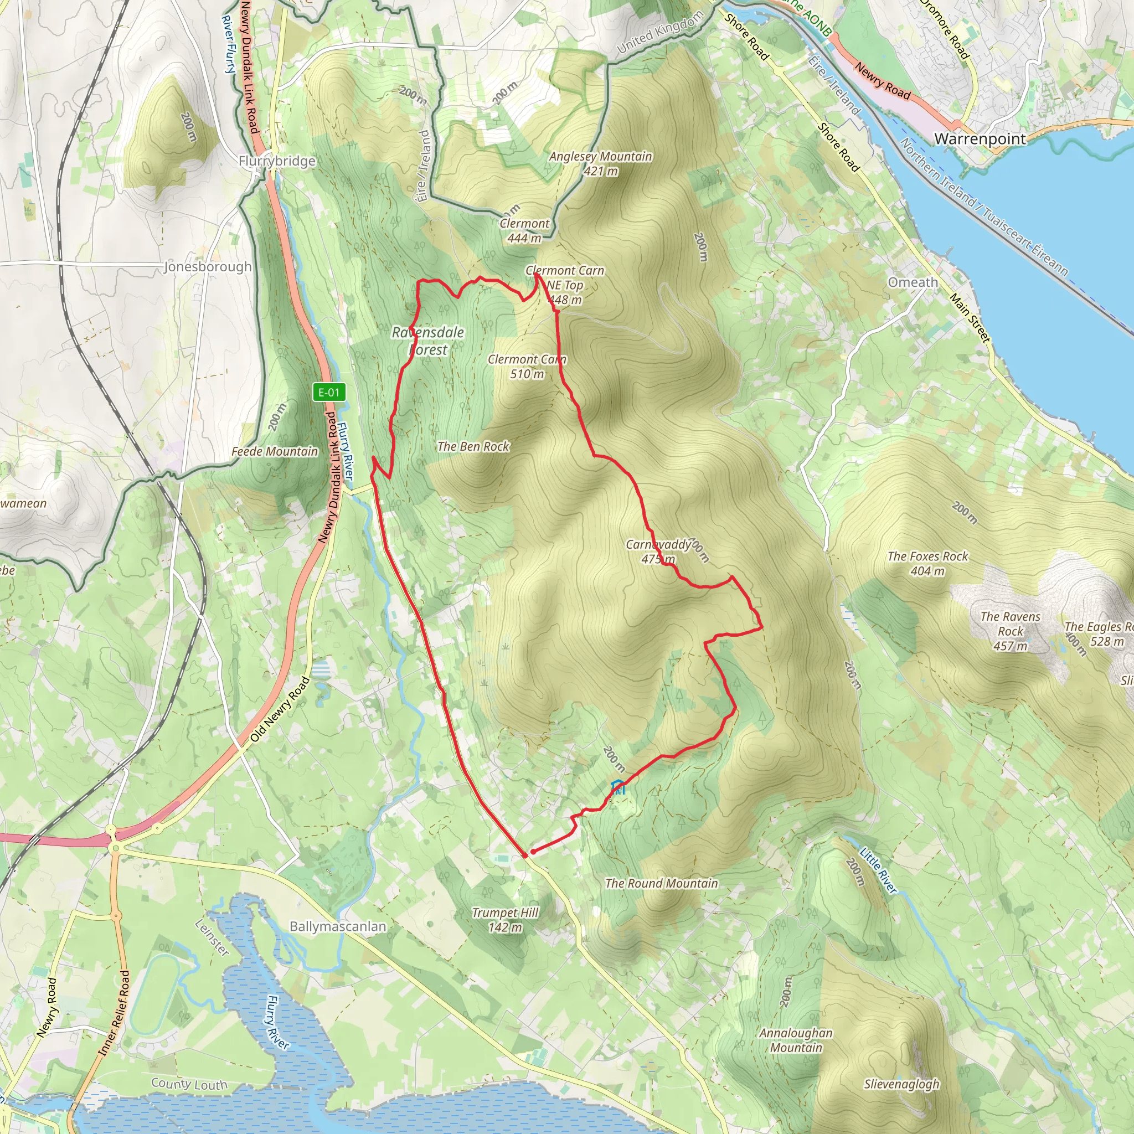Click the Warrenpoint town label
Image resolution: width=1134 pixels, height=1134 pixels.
coord(980,139)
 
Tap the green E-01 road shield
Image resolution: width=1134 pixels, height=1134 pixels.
coord(329,393)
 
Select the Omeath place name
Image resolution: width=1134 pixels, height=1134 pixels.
coord(913,282)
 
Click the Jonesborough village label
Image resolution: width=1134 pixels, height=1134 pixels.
coord(207,267)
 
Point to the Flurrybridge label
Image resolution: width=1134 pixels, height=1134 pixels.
coord(277,161)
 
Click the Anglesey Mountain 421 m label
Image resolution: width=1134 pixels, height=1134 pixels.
coord(600,164)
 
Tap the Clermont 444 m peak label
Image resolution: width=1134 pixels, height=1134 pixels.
coord(524,231)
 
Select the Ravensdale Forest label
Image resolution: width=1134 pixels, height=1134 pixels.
coord(428,341)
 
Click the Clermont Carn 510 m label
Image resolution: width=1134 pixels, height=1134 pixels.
coord(527,366)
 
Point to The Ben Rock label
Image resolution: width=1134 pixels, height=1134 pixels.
coord(473,447)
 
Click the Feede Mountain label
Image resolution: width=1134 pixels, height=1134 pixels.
coord(275,451)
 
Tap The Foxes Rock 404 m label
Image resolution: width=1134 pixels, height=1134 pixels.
coord(927,564)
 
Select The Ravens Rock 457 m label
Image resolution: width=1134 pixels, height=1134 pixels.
coord(1010,631)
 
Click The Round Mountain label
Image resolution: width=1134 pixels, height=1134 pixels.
coord(661,883)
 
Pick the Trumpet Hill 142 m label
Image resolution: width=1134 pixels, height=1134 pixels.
coord(505,920)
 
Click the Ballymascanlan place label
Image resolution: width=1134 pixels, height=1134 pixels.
coord(338,927)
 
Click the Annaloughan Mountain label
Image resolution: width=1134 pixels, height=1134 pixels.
coord(796,1040)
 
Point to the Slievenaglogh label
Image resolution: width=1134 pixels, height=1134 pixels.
coord(901,1084)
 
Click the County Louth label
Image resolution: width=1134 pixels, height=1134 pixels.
coord(189,1084)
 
